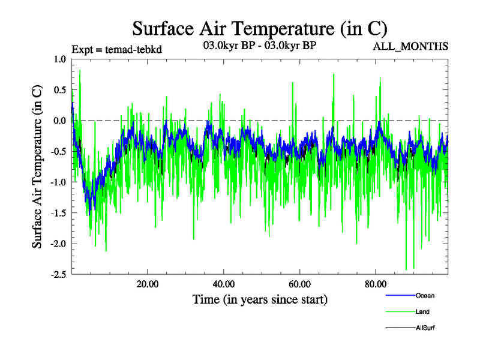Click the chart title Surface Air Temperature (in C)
point(260,28)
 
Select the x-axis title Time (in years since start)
point(260,299)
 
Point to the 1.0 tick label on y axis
point(59,59)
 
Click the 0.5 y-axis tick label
point(59,90)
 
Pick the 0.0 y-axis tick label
point(59,121)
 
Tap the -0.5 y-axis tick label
point(58,151)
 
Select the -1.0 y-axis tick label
point(58,182)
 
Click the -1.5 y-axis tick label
point(58,213)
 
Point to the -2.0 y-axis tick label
point(58,244)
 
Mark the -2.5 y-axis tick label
point(58,274)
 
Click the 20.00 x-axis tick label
point(148,284)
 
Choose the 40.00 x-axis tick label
point(223,284)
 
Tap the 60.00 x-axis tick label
point(299,284)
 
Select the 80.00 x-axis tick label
point(375,284)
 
